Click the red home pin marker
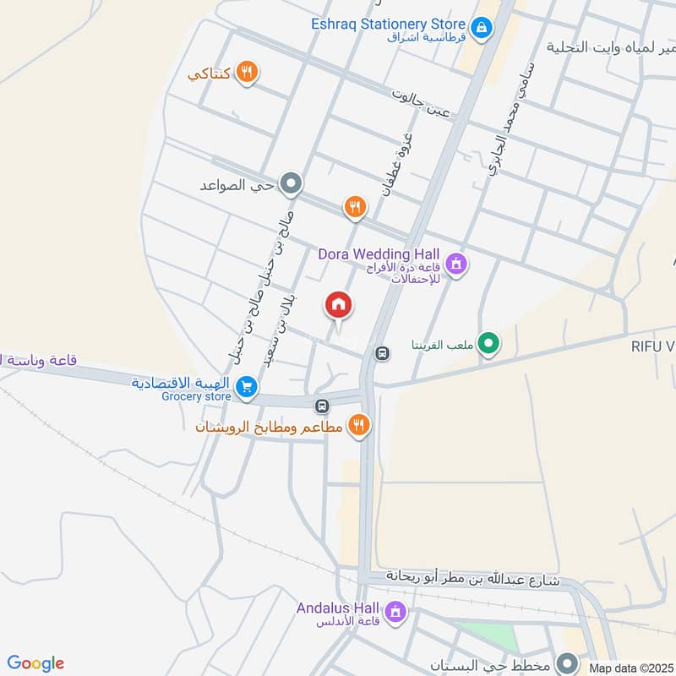coord(339,305)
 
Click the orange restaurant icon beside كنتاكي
coord(246,72)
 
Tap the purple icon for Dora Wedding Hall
coord(456,264)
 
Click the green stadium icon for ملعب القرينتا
coord(487,343)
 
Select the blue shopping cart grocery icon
coord(246,386)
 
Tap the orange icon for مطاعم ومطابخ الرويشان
coord(360,425)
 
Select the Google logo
coord(35,663)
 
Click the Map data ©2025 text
coord(631,668)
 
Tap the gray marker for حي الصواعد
coord(292,183)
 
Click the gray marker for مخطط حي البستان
coord(570,662)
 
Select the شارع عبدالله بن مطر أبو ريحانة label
coord(473,579)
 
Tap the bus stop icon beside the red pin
coord(382,353)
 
